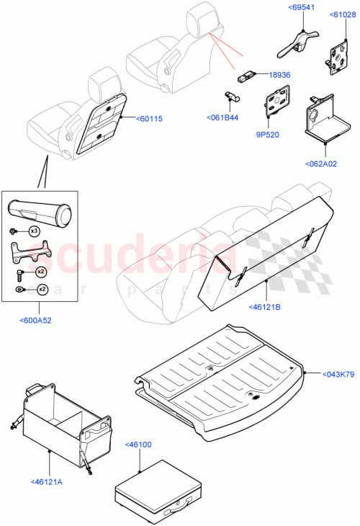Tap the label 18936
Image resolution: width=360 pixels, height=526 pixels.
(280, 74)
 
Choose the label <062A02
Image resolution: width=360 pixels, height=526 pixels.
(325, 164)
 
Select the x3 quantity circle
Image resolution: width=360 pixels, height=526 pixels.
(33, 231)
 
